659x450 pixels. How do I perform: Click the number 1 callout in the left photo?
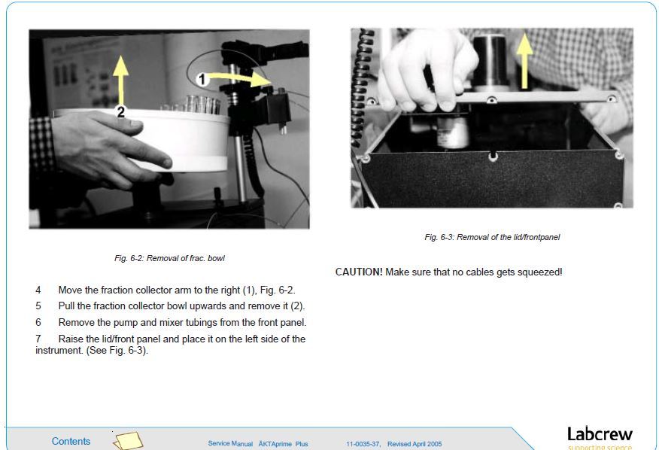click(x=201, y=78)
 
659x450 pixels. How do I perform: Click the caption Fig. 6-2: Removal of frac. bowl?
click(x=169, y=258)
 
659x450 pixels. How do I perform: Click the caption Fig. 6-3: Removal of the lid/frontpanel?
click(x=492, y=237)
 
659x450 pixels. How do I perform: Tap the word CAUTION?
click(x=359, y=272)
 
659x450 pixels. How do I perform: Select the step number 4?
click(x=38, y=290)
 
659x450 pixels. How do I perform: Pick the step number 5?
click(x=38, y=306)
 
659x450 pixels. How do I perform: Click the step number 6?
click(x=38, y=322)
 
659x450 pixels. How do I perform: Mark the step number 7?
click(x=38, y=339)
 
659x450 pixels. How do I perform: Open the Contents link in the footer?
click(x=71, y=441)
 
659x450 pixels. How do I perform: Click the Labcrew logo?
click(x=599, y=436)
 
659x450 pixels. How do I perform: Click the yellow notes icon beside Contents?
click(x=127, y=440)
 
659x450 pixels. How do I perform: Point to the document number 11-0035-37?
click(x=364, y=444)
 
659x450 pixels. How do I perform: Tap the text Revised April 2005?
click(x=414, y=444)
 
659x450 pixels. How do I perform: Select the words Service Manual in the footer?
click(x=230, y=444)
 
